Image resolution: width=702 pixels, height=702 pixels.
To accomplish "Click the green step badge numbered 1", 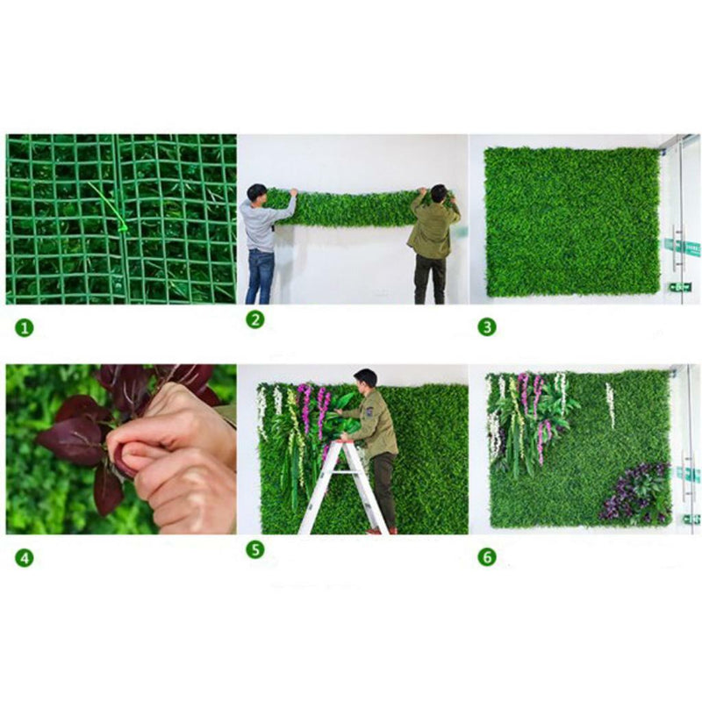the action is click(25, 328).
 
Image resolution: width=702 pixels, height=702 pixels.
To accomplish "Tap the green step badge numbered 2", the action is click(255, 319).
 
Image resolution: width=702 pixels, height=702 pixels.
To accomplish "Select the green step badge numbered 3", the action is click(487, 327).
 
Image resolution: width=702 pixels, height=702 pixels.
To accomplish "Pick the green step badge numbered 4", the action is click(25, 558).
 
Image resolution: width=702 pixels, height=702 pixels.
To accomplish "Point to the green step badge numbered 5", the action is click(255, 550).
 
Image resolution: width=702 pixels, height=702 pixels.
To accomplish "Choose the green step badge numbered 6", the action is click(487, 557).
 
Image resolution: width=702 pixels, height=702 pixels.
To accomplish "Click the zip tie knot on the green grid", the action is click(122, 229).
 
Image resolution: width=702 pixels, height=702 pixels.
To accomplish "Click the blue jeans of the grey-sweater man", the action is click(260, 276).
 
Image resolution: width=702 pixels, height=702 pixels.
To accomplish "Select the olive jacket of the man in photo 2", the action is click(433, 227).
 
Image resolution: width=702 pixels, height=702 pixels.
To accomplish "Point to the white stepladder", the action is click(342, 487).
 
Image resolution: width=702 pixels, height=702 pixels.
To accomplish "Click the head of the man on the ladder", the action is click(365, 379).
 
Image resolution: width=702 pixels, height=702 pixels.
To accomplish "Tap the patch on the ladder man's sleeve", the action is click(370, 411).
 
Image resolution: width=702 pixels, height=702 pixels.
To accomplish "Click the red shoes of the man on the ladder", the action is click(380, 531).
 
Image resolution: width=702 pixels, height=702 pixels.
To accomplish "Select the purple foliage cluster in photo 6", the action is click(634, 493).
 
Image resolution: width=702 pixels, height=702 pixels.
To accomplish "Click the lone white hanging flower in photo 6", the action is click(610, 405).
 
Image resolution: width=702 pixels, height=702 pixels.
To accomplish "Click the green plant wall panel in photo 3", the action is click(573, 222).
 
